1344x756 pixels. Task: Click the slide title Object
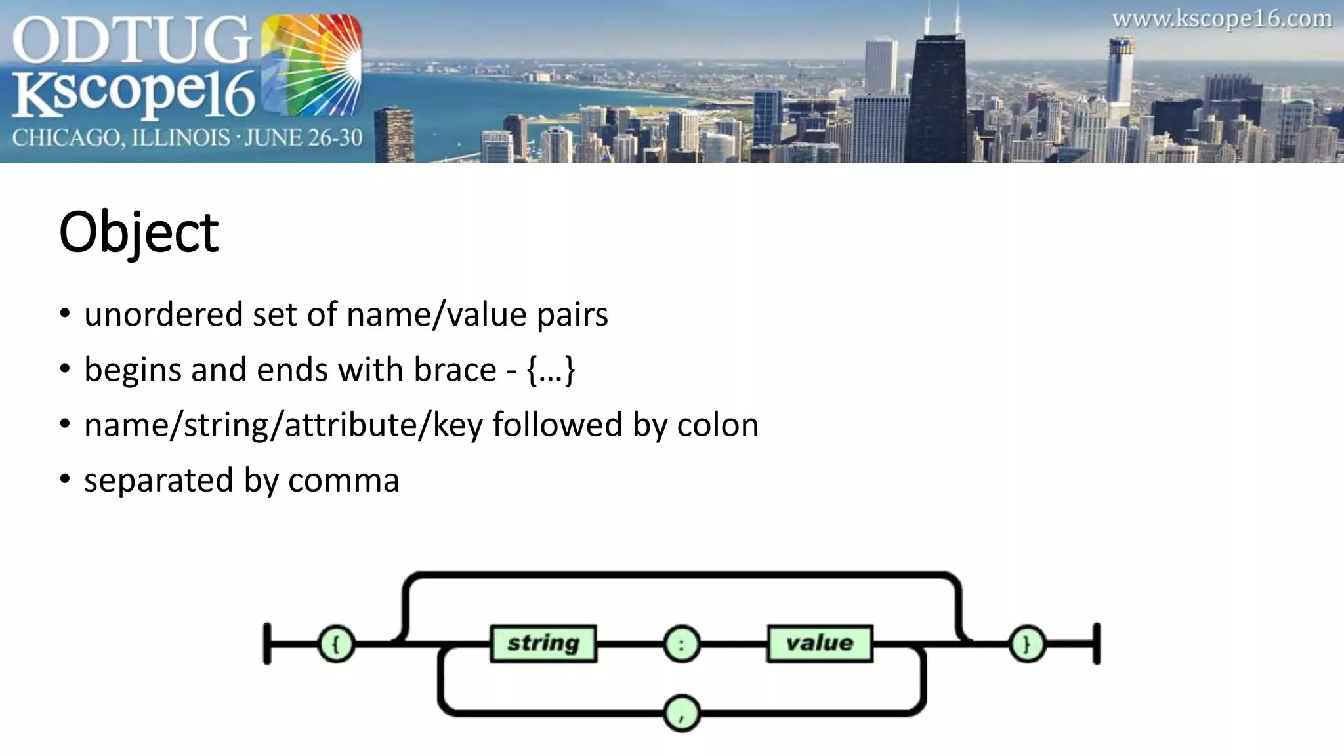(x=138, y=232)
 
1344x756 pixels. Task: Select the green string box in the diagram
(x=543, y=643)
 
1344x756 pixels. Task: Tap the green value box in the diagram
(x=820, y=643)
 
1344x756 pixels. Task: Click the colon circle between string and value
(x=681, y=644)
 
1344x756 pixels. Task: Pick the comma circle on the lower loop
(x=681, y=714)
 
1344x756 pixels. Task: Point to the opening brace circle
(x=336, y=644)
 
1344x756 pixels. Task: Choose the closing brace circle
(x=1026, y=644)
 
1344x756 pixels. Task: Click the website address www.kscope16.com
(x=1222, y=19)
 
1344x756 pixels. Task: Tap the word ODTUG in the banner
(x=131, y=41)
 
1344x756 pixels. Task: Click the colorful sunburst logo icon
(x=311, y=66)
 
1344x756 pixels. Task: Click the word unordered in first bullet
(x=163, y=314)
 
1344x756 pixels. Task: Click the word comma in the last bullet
(x=343, y=480)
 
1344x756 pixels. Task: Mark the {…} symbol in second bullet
(x=551, y=369)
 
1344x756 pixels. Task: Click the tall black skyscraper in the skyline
(x=938, y=98)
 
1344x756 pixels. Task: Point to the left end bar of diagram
(x=267, y=644)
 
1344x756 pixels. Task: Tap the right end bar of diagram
(x=1097, y=644)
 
